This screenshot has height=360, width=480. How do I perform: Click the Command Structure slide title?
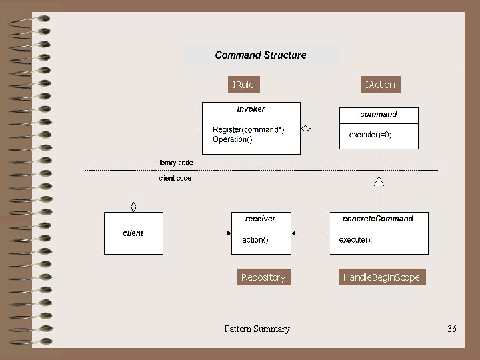261,55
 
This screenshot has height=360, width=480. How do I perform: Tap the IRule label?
243,85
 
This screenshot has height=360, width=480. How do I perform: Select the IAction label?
380,85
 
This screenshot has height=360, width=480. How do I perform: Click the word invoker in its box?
251,109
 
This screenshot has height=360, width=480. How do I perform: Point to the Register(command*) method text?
249,129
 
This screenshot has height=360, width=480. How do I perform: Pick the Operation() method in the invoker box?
233,139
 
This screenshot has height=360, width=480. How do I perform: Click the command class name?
379,115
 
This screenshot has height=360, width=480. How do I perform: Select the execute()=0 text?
370,135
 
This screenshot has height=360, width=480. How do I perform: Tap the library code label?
175,163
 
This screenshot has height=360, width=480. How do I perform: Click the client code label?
175,179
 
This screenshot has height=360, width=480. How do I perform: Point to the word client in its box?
133,233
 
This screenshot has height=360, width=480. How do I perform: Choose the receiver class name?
260,219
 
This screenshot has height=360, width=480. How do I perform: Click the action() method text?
256,240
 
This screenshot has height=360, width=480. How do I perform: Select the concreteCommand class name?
378,219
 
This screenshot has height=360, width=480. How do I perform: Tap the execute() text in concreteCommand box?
355,240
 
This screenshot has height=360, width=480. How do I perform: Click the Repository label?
263,277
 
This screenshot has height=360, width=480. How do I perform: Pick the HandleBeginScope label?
381,277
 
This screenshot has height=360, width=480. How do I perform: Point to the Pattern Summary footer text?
257,329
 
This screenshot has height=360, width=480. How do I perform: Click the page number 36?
452,329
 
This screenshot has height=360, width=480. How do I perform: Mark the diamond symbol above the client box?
133,206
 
